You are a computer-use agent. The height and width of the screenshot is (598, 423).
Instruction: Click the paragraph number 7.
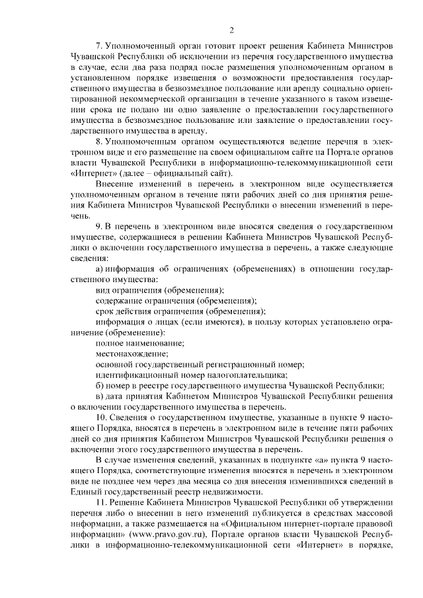click(x=99, y=46)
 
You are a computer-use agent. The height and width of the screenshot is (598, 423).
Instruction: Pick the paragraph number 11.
click(x=101, y=503)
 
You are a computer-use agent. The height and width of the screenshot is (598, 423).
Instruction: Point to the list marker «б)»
click(x=100, y=385)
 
